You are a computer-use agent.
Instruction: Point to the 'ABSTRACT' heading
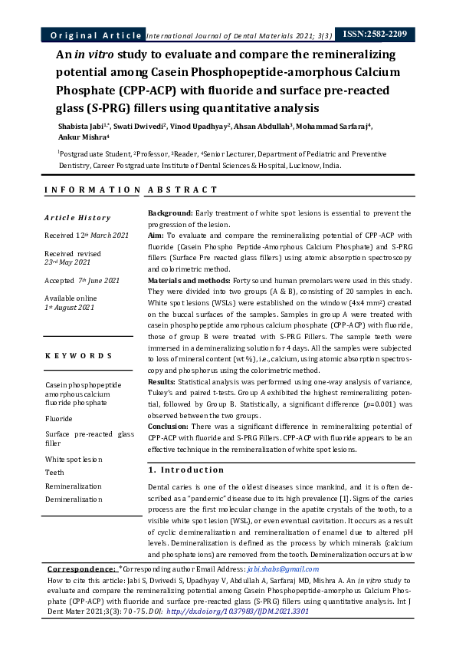182,190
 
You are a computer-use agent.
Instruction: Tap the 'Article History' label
77,218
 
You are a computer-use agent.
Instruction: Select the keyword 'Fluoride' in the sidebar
60,419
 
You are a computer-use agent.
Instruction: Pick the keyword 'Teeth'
54,473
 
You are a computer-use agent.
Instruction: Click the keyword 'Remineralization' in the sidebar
74,486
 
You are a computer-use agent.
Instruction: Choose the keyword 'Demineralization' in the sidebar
74,499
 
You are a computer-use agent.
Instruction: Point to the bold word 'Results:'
164,381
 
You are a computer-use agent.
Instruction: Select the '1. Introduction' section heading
185,470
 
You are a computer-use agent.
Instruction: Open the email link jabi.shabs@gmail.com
283,569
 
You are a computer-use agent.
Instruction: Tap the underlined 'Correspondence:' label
81,569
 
